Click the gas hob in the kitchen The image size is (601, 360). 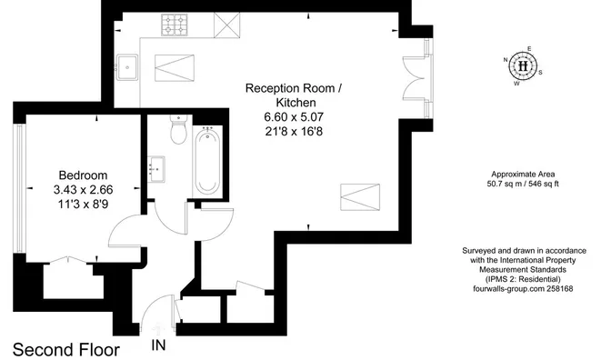(175, 25)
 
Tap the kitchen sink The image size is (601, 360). (127, 67)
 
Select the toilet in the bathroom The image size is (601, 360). (178, 129)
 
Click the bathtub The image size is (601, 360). (207, 160)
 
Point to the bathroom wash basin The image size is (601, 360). (156, 169)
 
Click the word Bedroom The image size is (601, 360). (83, 175)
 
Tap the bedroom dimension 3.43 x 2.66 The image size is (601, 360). (83, 190)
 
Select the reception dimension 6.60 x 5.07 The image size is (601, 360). (294, 116)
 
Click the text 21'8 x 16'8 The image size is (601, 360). (294, 132)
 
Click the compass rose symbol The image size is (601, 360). (523, 66)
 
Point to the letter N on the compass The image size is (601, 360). (506, 59)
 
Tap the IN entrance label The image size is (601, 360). (158, 345)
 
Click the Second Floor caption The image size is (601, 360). (66, 350)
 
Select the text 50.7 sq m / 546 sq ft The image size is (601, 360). (523, 184)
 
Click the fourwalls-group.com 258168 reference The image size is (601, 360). (523, 289)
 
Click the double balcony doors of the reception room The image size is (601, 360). (415, 78)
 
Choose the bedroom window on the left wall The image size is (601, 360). (19, 188)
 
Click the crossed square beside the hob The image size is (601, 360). (226, 25)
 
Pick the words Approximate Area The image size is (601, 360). (523, 174)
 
